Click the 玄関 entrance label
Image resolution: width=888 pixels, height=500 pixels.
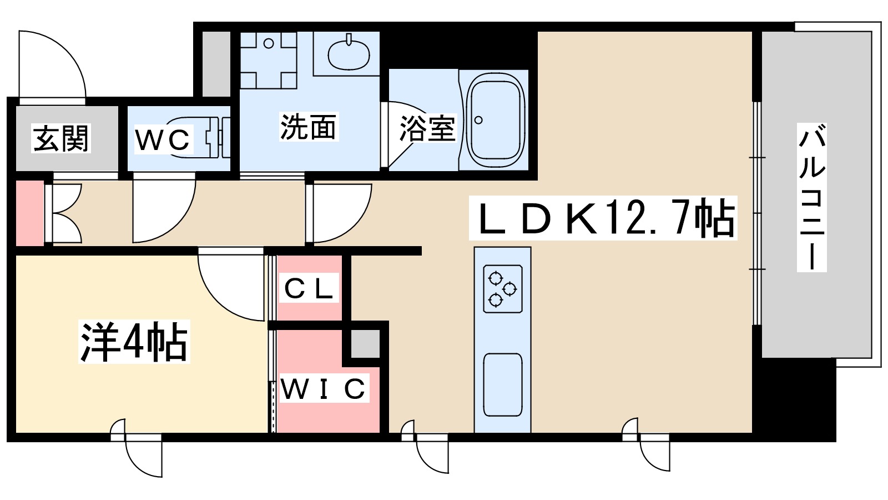(61, 139)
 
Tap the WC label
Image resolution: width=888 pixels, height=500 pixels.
(162, 140)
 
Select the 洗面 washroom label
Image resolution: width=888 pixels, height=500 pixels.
(308, 127)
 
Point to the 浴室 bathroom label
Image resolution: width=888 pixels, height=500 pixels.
(427, 128)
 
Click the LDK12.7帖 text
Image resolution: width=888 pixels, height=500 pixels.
(603, 218)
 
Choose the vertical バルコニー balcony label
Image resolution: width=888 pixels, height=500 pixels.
(811, 197)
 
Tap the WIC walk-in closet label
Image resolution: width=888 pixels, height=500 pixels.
(324, 389)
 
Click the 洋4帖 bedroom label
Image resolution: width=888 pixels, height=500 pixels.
(134, 342)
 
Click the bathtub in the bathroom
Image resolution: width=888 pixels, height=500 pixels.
(495, 121)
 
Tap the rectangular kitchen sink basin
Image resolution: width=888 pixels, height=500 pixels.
(502, 384)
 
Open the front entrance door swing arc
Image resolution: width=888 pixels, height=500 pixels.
(53, 64)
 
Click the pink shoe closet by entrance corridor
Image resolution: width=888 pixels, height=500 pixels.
(29, 213)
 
